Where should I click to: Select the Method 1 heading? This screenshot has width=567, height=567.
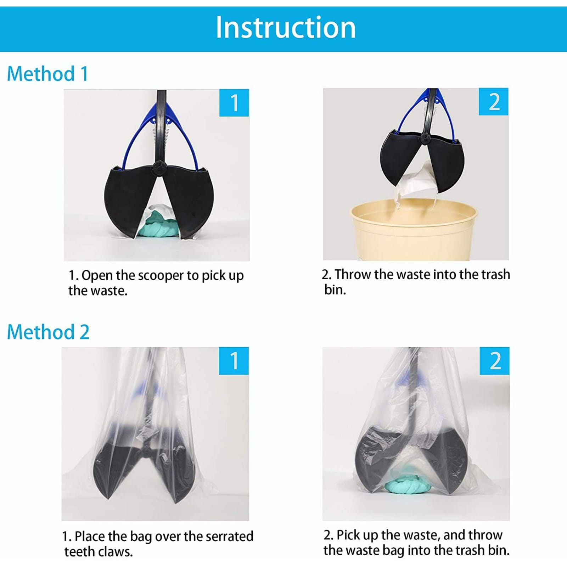[47, 74]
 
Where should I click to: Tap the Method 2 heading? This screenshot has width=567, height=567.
[48, 332]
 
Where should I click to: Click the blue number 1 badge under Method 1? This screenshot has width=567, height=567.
[234, 103]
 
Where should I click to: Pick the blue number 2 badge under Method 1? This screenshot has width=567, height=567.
[493, 102]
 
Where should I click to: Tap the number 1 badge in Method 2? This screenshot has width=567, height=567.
[234, 361]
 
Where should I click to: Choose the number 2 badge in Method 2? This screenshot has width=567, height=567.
[494, 361]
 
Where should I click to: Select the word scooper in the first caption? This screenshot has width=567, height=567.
[161, 276]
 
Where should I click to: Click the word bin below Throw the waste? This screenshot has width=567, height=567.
[335, 290]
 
